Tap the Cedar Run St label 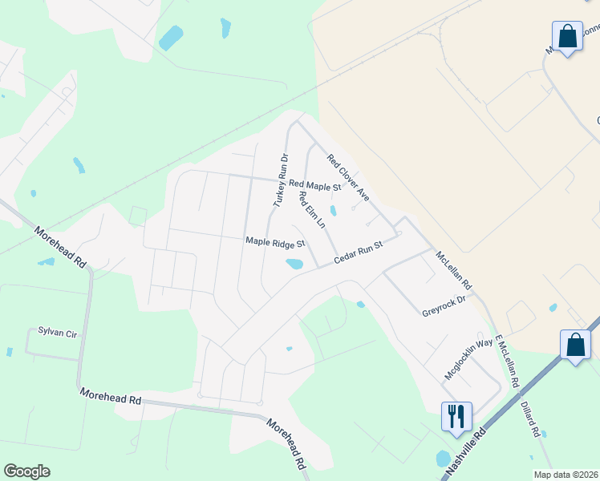pyautogui.click(x=360, y=252)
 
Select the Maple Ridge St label pyautogui.click(x=276, y=242)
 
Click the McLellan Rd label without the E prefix pyautogui.click(x=454, y=271)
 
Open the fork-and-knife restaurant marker pyautogui.click(x=456, y=416)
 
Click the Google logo pyautogui.click(x=27, y=471)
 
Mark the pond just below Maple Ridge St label pyautogui.click(x=294, y=264)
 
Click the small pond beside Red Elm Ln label pyautogui.click(x=333, y=212)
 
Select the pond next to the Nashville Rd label pyautogui.click(x=443, y=459)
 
